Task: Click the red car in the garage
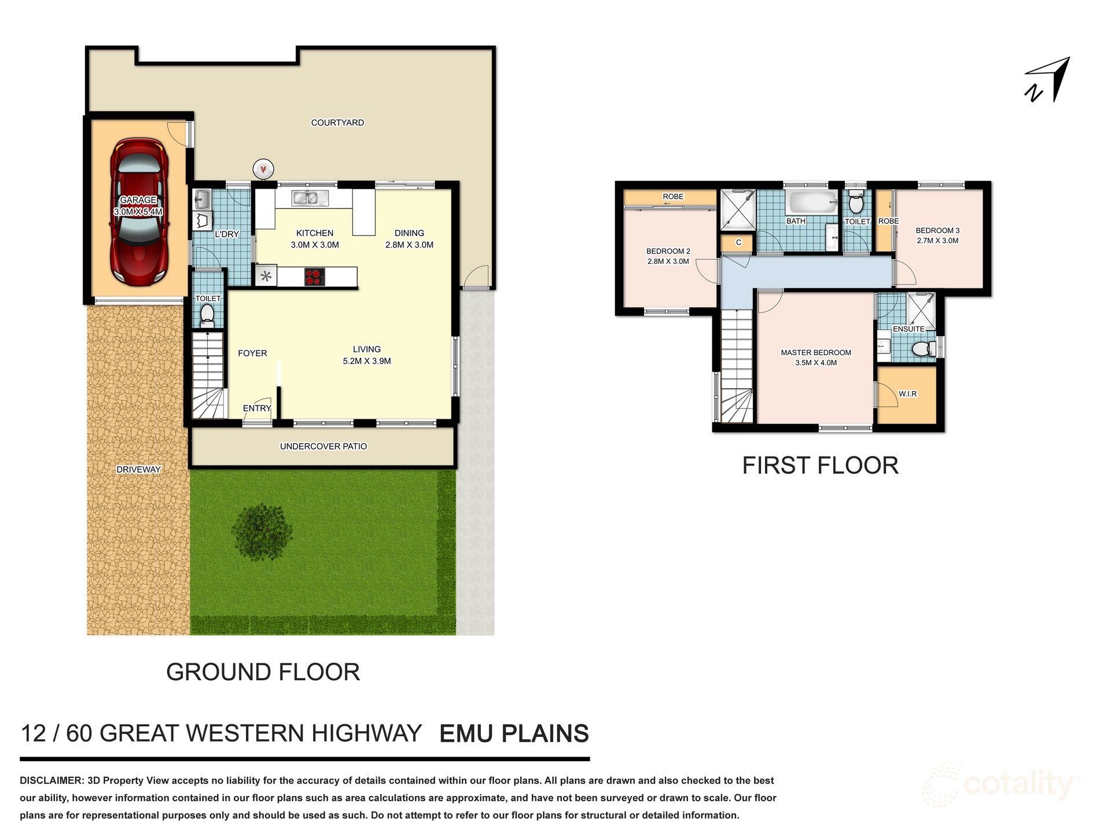[139, 212]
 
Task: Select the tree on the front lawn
[262, 531]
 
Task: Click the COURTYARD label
[337, 123]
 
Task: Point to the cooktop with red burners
[314, 277]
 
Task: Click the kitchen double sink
[305, 198]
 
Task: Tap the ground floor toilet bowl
[207, 315]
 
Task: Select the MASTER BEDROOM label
[815, 352]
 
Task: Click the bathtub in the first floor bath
[810, 202]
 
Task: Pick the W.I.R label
[907, 394]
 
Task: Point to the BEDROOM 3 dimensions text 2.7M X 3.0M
[937, 241]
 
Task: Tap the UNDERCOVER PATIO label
[323, 446]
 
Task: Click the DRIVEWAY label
[138, 469]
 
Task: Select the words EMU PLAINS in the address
[514, 734]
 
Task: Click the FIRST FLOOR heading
[820, 466]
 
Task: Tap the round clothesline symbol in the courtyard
[263, 169]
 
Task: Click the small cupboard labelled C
[738, 242]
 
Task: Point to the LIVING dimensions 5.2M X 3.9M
[366, 361]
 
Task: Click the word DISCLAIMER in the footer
[51, 780]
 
